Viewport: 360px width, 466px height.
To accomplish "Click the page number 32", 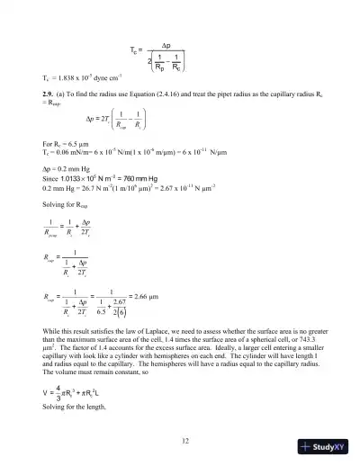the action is pos(184,440).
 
